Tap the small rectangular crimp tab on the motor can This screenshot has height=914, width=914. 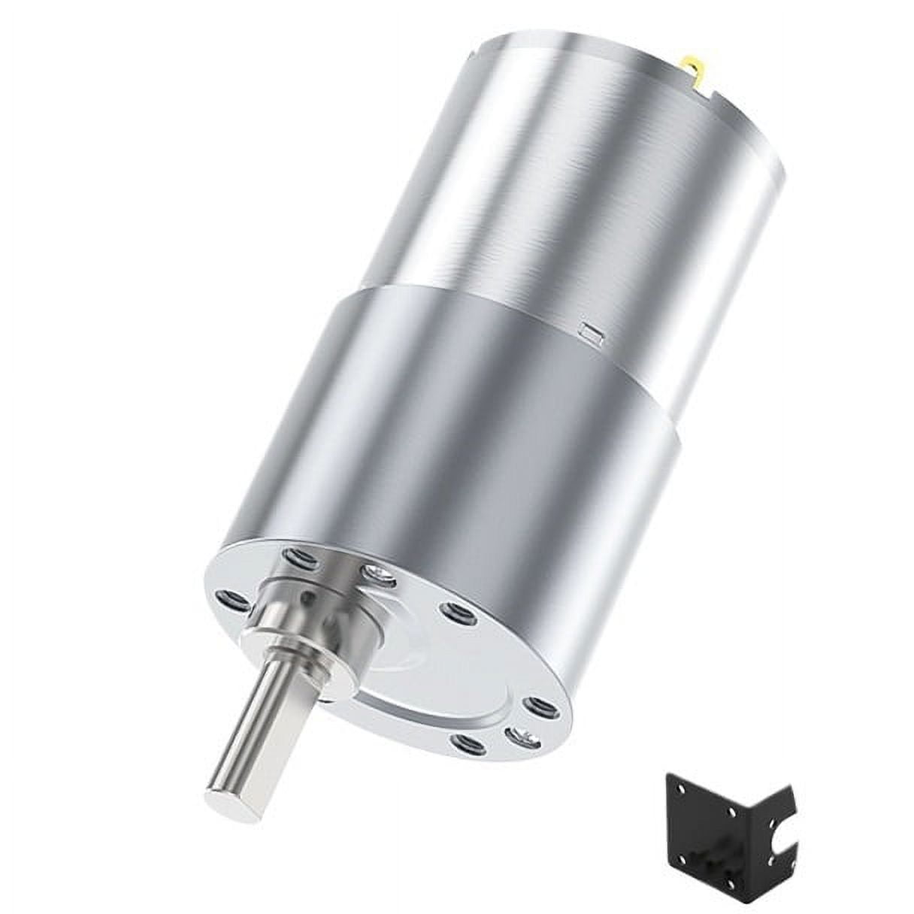pyautogui.click(x=592, y=331)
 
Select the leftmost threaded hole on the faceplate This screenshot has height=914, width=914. pyautogui.click(x=232, y=599)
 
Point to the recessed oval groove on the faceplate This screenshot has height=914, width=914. pyautogui.click(x=421, y=692)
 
